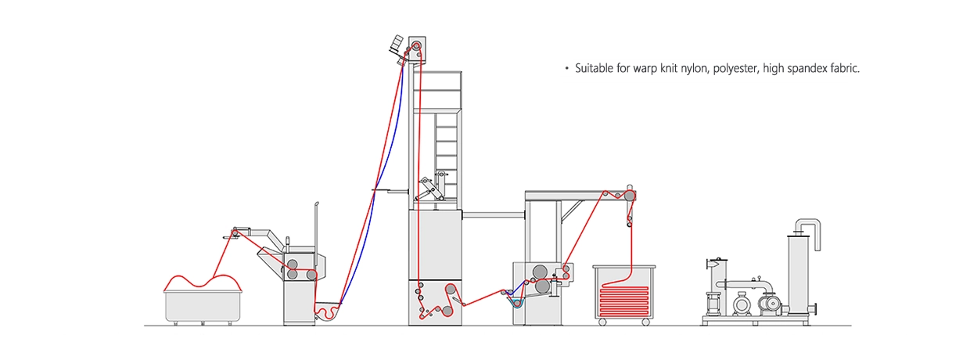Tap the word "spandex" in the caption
[797, 69]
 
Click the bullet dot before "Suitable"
[566, 69]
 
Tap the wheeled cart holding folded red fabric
[623, 294]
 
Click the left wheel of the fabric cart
[601, 322]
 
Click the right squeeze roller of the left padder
[312, 274]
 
